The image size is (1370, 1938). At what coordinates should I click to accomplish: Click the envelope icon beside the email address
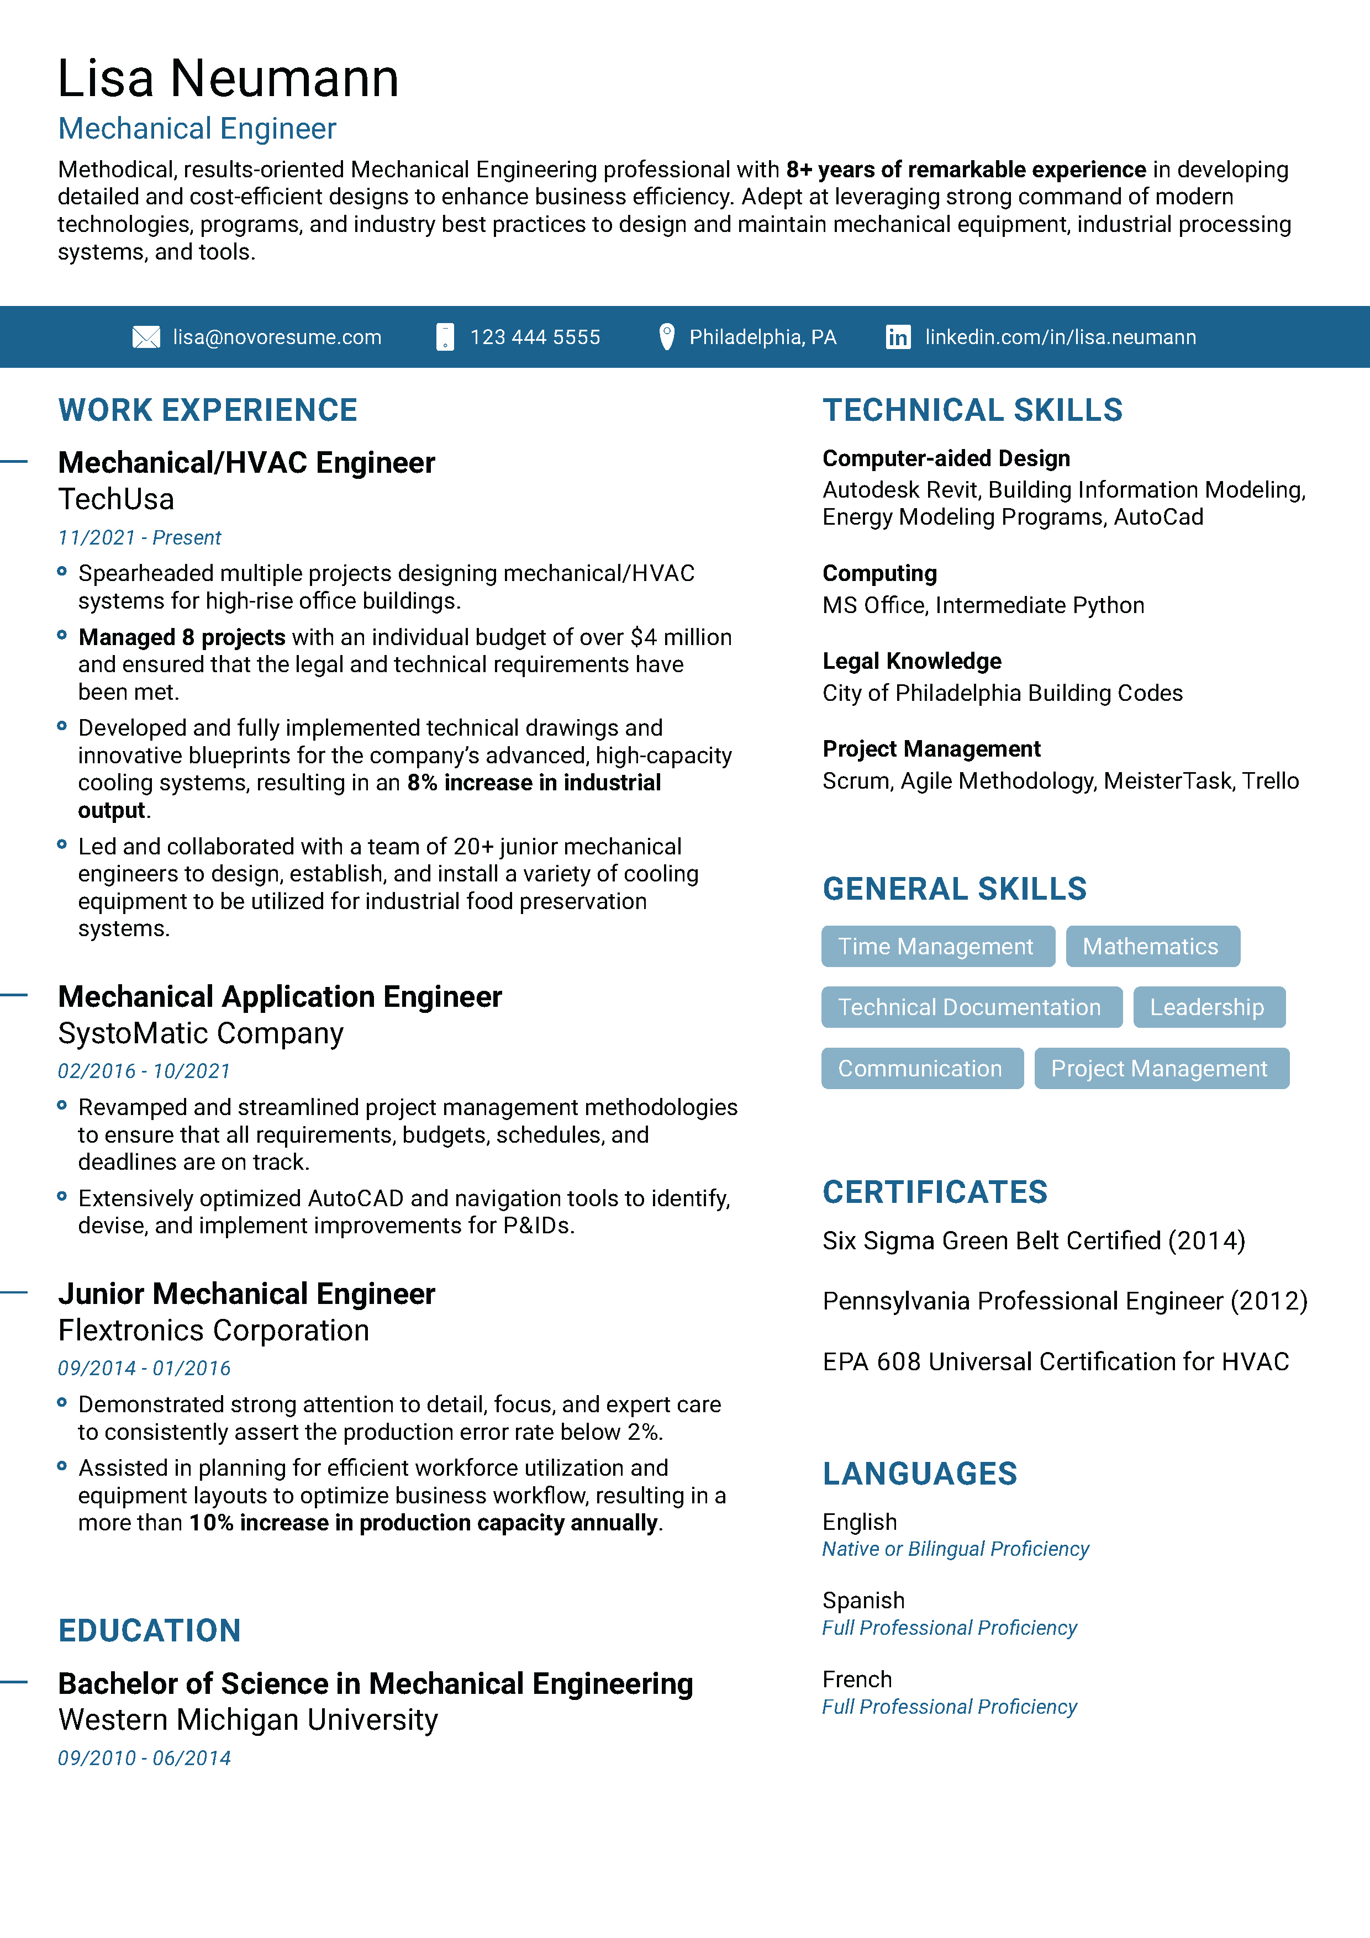[146, 337]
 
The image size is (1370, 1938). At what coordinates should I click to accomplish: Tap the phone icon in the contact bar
[445, 337]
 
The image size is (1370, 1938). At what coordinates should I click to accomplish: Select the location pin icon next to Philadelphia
[666, 337]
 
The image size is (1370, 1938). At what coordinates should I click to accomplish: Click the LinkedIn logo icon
[897, 337]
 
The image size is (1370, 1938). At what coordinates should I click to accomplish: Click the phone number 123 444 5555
[535, 337]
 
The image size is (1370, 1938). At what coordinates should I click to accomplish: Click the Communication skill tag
[921, 1069]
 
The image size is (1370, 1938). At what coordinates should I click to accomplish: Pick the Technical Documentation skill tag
[971, 1007]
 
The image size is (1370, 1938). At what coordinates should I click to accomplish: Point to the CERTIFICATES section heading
[935, 1192]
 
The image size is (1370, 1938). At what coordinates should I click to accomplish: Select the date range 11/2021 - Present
[139, 538]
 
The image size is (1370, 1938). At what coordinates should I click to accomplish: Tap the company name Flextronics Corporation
[214, 1331]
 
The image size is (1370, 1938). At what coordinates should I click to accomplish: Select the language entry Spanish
[863, 1601]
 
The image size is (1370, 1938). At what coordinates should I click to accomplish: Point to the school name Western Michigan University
[248, 1720]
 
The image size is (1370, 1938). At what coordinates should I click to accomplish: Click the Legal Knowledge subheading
[911, 661]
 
